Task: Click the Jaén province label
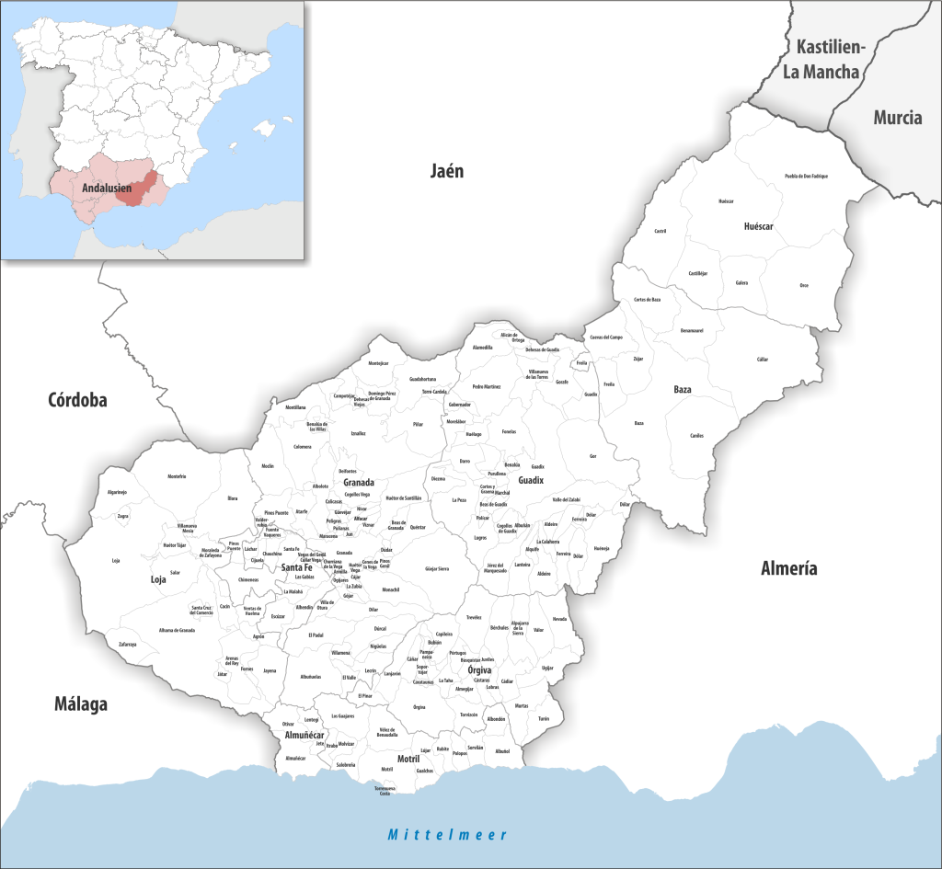pyautogui.click(x=446, y=171)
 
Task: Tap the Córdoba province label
pyautogui.click(x=78, y=400)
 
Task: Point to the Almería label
pyautogui.click(x=788, y=569)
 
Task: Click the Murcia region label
pyautogui.click(x=897, y=118)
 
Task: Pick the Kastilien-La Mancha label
pyautogui.click(x=827, y=60)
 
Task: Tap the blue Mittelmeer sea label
pyautogui.click(x=447, y=835)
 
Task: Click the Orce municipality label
pyautogui.click(x=803, y=284)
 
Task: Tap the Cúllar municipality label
pyautogui.click(x=762, y=360)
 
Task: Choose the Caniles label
pyautogui.click(x=696, y=435)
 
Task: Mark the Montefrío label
pyautogui.click(x=177, y=476)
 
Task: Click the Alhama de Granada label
pyautogui.click(x=177, y=630)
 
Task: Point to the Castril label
pyautogui.click(x=659, y=231)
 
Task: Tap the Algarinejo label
pyautogui.click(x=117, y=493)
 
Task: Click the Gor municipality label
pyautogui.click(x=593, y=455)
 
